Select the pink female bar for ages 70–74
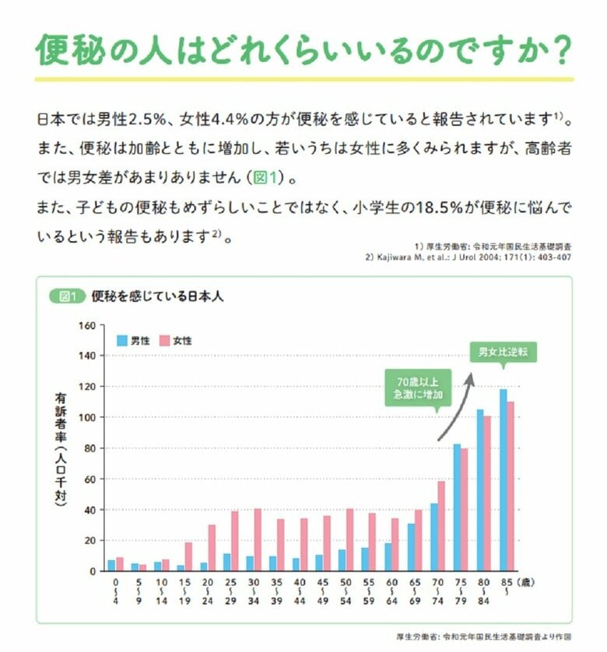pos(441,526)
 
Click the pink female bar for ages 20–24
pos(211,548)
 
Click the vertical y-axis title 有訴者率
pos(61,451)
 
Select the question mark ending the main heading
pos(554,50)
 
